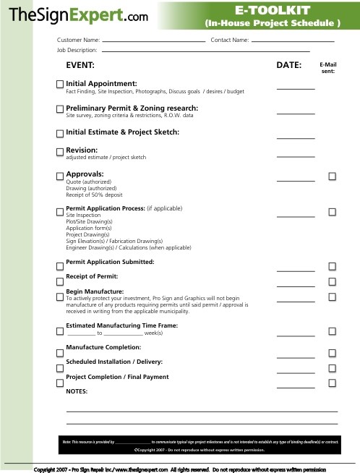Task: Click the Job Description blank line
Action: pos(206,52)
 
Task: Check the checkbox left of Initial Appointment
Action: pos(59,85)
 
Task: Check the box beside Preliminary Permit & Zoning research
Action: pos(59,109)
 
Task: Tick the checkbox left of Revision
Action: pos(59,151)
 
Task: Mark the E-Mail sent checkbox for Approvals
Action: pos(333,176)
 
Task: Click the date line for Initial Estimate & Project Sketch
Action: pos(295,137)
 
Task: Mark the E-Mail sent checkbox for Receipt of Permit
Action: pos(333,281)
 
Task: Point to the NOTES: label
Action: pos(77,391)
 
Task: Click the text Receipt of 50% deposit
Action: pos(94,195)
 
